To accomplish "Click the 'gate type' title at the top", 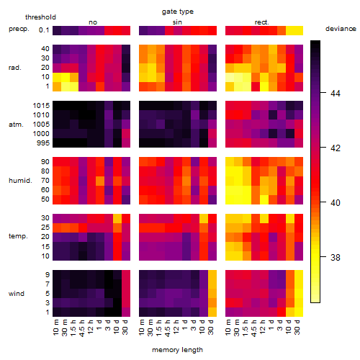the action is click(178, 12).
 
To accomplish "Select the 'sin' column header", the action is click(177, 22).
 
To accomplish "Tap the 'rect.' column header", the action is click(262, 22).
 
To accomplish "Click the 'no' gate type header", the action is click(93, 22).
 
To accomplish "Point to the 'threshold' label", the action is click(40, 17).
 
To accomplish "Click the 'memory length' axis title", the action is click(178, 350).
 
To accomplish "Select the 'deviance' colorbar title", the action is click(341, 29).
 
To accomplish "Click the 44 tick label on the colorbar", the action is click(336, 93).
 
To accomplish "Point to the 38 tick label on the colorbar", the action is click(336, 258).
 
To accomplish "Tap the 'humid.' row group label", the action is click(20, 181).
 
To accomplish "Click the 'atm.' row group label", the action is click(16, 125).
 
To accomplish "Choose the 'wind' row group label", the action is click(17, 294).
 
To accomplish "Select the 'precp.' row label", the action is click(19, 30).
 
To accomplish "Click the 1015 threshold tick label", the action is click(41, 106).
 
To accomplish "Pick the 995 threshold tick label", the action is click(43, 143).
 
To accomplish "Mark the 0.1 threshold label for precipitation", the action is click(44, 30).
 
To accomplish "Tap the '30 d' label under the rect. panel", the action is click(297, 327).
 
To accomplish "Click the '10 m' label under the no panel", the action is click(55, 328).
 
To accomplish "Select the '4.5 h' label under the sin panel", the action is click(168, 328).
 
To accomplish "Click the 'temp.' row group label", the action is click(18, 236).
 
